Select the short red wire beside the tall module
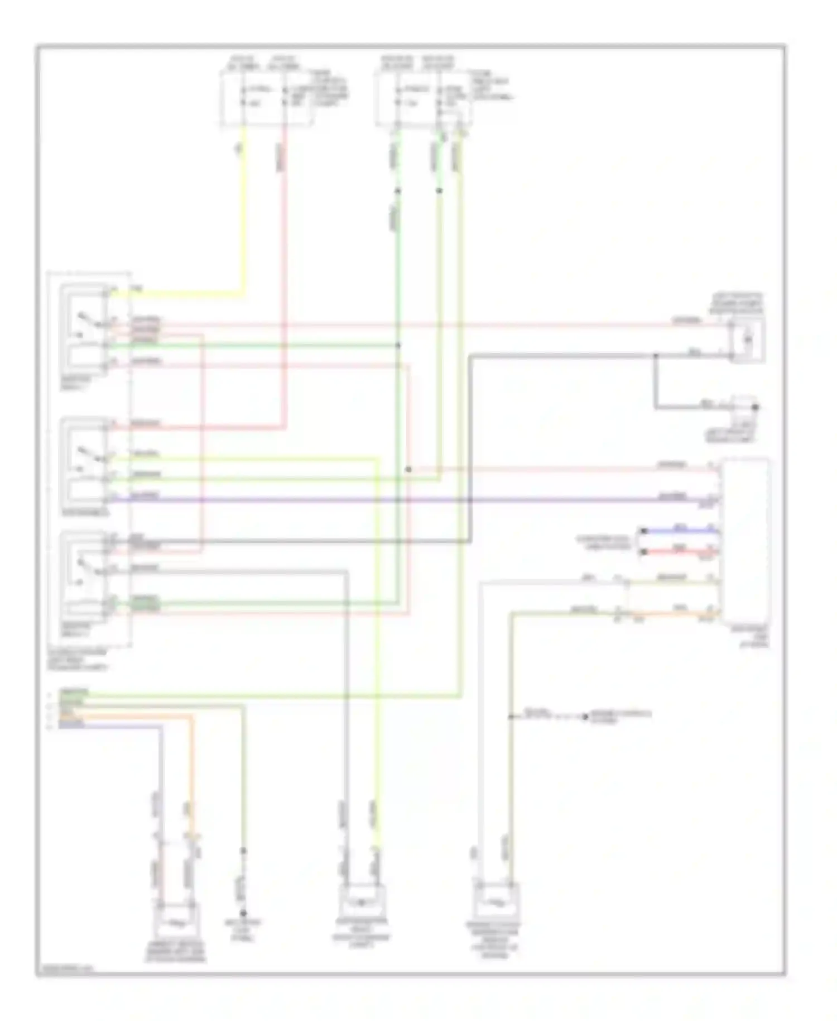(678, 552)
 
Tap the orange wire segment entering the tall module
(675, 613)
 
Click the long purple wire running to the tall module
(391, 499)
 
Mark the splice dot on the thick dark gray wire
(656, 355)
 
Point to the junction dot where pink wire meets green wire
(408, 469)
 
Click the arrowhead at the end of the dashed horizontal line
(585, 717)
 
